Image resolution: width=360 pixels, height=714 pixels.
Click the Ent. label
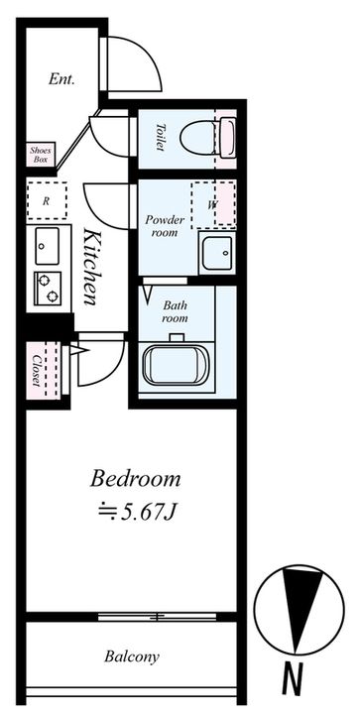[x=61, y=79]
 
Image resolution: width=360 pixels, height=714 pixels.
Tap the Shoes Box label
[x=41, y=155]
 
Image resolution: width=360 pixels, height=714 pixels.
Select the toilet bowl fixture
[x=208, y=138]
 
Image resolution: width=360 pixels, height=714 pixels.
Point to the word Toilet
[x=160, y=137]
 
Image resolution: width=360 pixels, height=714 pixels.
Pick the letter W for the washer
[x=211, y=205]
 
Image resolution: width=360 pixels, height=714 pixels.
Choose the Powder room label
[x=165, y=226]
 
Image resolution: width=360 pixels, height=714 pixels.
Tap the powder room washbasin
[x=217, y=253]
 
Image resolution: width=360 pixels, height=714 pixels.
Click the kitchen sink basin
[x=47, y=246]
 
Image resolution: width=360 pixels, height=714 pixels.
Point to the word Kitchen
[x=91, y=267]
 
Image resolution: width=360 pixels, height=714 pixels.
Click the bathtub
[x=176, y=366]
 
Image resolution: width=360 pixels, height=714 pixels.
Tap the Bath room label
[x=175, y=312]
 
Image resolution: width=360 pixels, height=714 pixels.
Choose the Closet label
[x=37, y=369]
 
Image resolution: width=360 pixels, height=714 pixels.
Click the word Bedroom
[x=135, y=480]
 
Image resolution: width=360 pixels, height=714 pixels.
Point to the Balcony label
[x=132, y=657]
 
